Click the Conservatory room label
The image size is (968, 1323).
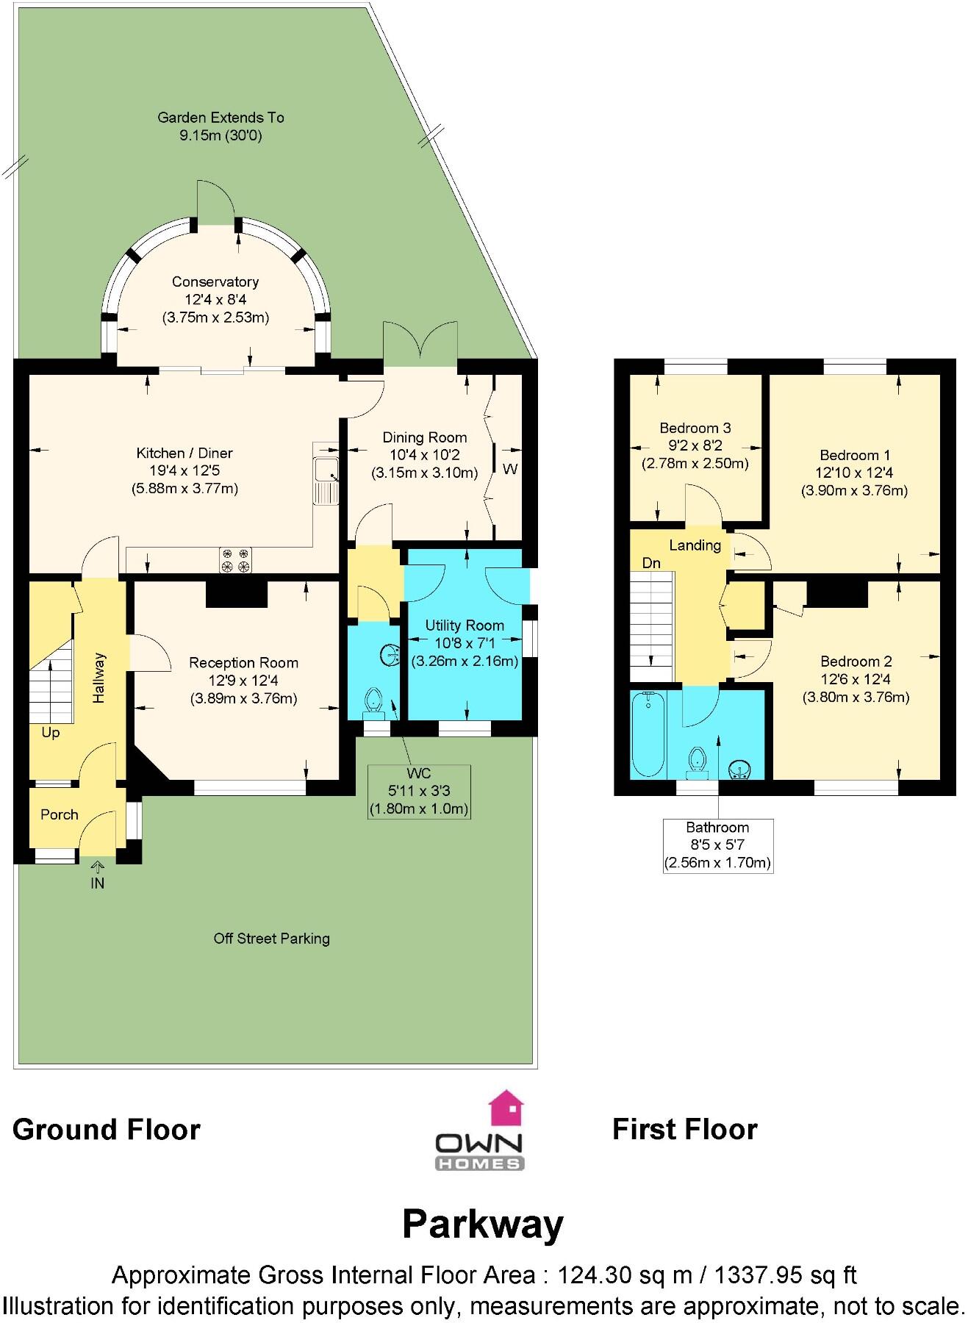(x=215, y=282)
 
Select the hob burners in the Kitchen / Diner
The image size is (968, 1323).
(x=235, y=560)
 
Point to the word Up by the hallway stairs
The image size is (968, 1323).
(x=51, y=733)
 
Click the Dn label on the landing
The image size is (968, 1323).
(x=651, y=563)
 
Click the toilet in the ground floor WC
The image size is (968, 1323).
(x=374, y=702)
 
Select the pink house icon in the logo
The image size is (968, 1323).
(x=506, y=1108)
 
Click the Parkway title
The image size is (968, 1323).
(x=483, y=1224)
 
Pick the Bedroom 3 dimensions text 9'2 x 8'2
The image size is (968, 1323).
(x=695, y=445)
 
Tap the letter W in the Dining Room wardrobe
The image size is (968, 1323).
(x=510, y=469)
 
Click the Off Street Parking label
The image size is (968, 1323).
(x=271, y=939)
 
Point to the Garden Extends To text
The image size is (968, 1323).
(x=221, y=118)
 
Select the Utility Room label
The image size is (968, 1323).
(x=465, y=625)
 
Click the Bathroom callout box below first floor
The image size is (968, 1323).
(x=717, y=845)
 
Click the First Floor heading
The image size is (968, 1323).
(x=684, y=1130)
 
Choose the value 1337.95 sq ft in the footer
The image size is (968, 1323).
(x=785, y=1275)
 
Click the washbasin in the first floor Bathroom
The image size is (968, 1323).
(x=739, y=769)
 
